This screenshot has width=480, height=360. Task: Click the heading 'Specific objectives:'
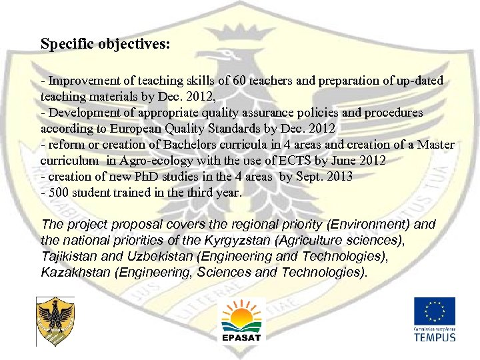pyautogui.click(x=105, y=45)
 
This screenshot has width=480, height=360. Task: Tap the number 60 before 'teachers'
pyautogui.click(x=239, y=81)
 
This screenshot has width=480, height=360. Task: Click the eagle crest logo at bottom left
pyautogui.click(x=55, y=321)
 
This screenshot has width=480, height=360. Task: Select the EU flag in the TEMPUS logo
pyautogui.click(x=434, y=311)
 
